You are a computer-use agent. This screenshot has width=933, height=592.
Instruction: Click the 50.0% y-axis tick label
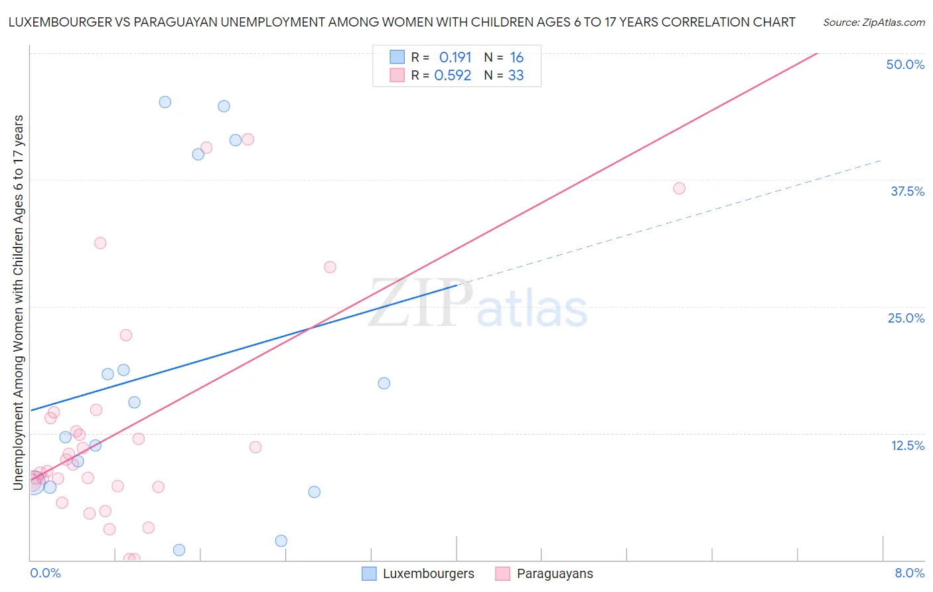coord(905,64)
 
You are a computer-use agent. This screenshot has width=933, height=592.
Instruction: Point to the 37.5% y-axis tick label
coord(907,191)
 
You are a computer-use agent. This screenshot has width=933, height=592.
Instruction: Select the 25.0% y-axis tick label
coord(906,318)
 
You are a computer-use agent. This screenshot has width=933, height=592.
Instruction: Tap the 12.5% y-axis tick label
coord(907,445)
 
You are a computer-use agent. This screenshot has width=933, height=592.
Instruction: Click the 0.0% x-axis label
coord(45,573)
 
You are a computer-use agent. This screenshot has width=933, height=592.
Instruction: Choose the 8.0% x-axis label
coord(909,573)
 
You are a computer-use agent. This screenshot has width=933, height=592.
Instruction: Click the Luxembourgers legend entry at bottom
coord(419,573)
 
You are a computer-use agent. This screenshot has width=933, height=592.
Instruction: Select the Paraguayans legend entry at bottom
coord(545,573)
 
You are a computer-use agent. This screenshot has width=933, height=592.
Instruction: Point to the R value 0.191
coord(455,58)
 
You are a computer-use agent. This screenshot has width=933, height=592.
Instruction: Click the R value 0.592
coord(453,76)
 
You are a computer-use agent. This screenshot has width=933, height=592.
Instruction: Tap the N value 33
coord(516,76)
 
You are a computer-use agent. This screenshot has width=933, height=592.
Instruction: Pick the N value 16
coord(516,58)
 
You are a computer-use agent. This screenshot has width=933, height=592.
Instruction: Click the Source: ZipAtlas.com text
coord(873,23)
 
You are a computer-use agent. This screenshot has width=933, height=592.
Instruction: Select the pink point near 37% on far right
coord(679,188)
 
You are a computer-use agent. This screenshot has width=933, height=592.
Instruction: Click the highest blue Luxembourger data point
coord(165,102)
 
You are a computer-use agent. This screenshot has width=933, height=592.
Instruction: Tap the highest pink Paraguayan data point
coord(248,139)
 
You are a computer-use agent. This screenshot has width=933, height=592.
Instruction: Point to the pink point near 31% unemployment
coord(100,243)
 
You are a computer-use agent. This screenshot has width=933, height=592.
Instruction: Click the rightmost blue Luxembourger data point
coord(384,383)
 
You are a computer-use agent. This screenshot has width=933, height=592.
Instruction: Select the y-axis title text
coord(18,303)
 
